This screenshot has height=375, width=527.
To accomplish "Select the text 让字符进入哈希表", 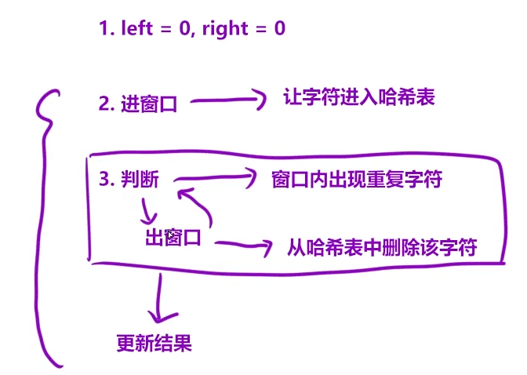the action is pyautogui.click(x=358, y=97).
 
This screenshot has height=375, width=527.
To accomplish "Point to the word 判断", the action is pyautogui.click(x=140, y=180).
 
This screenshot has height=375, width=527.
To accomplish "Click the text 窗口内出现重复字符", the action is pyautogui.click(x=356, y=180).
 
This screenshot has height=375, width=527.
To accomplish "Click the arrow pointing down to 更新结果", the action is pyautogui.click(x=161, y=298).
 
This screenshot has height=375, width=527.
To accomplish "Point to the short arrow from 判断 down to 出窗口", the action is pyautogui.click(x=147, y=210).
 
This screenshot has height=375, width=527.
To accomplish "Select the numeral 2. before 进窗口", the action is pyautogui.click(x=107, y=104).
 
